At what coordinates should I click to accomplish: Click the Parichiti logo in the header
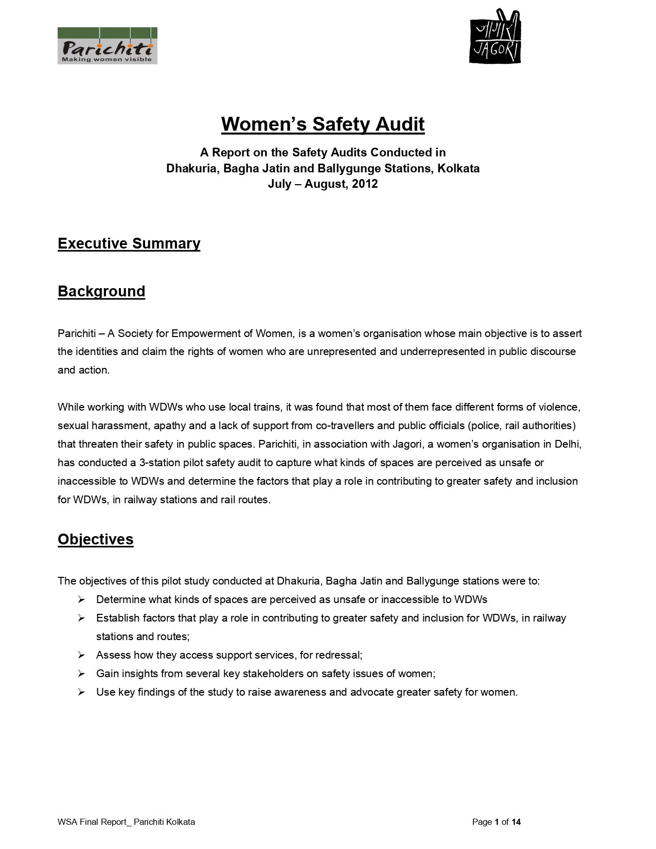[x=107, y=46]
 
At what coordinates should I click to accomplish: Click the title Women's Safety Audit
[x=323, y=125]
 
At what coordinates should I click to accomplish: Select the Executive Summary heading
[x=129, y=243]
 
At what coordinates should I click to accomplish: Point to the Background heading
[x=101, y=291]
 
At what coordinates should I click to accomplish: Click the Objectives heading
[x=95, y=539]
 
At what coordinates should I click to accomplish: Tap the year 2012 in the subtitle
[x=365, y=184]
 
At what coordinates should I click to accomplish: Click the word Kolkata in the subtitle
[x=458, y=168]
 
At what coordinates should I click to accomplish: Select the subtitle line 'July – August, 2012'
[x=323, y=184]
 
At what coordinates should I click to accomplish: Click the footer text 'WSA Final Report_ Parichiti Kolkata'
[x=126, y=822]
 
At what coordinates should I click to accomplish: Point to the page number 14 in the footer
[x=516, y=822]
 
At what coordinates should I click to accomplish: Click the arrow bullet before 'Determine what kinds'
[x=81, y=599]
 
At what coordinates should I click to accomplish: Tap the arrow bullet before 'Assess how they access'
[x=81, y=655]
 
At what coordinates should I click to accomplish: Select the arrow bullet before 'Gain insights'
[x=81, y=674]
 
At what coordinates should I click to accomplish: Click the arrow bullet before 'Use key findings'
[x=81, y=692]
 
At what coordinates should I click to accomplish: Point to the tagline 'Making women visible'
[x=107, y=59]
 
